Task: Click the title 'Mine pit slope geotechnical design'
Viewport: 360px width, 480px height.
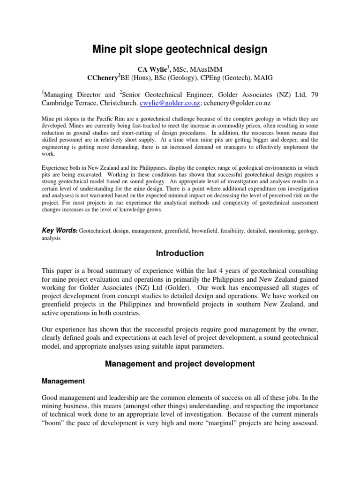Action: click(x=180, y=49)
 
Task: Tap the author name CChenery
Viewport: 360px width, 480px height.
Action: click(x=103, y=78)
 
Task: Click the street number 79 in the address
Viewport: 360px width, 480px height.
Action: click(x=314, y=94)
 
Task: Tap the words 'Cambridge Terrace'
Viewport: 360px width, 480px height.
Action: click(x=68, y=103)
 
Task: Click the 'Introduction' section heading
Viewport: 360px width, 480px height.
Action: click(x=180, y=254)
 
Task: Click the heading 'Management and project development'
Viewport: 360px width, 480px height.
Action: click(x=180, y=363)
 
